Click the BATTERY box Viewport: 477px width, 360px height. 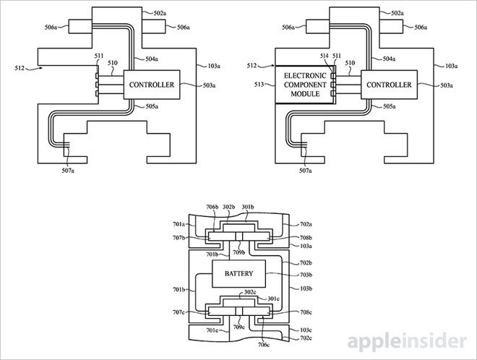click(239, 275)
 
